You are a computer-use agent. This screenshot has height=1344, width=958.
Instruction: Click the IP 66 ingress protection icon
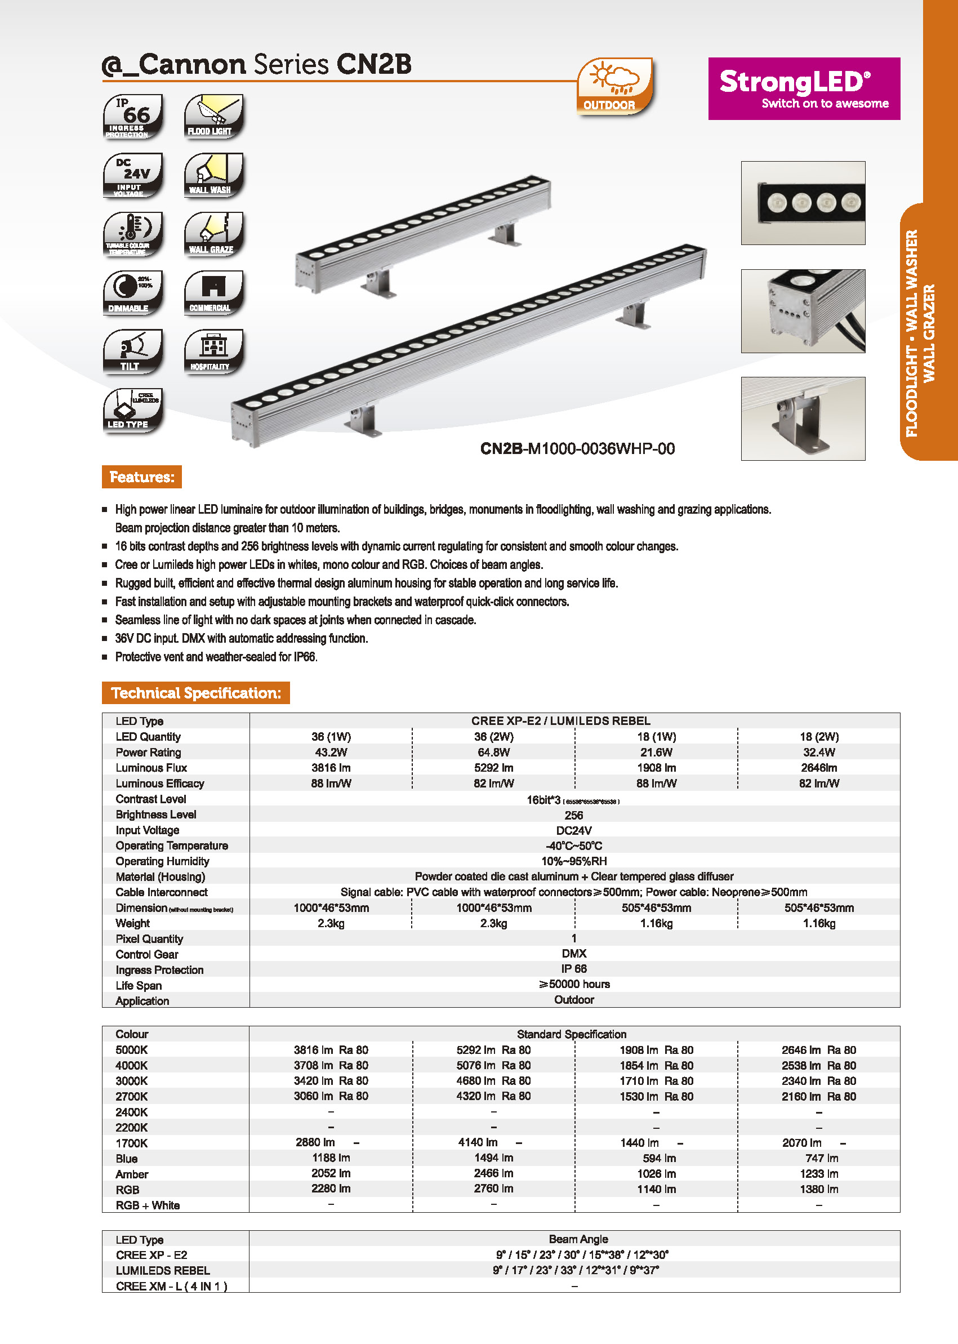point(133,116)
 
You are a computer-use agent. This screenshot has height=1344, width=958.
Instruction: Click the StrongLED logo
point(804,88)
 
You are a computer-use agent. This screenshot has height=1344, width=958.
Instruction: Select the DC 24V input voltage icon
point(133,175)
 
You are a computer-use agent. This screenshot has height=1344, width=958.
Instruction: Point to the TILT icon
point(133,351)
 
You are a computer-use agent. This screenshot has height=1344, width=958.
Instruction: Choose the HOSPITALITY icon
point(213,351)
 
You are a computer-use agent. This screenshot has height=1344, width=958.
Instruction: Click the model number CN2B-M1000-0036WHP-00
point(577,449)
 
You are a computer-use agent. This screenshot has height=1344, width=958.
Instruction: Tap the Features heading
point(141,477)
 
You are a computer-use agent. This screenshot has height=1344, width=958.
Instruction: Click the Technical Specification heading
point(196,693)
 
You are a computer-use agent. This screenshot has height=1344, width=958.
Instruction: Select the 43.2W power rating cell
point(331,752)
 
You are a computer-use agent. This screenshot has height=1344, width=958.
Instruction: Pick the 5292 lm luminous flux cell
point(494,768)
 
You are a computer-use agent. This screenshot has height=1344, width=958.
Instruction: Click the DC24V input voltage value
point(573,830)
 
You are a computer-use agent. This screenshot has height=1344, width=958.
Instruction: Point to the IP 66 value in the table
point(573,969)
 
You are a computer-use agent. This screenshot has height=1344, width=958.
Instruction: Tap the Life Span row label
point(139,985)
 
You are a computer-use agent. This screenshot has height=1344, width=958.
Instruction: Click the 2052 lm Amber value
point(331,1173)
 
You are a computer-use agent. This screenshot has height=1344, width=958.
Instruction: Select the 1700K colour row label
point(132,1143)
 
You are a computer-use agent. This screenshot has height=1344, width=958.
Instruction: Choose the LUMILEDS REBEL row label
point(163,1270)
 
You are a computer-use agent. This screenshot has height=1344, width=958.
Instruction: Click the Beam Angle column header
point(578,1239)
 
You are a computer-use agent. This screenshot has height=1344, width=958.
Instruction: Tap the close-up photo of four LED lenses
point(803,203)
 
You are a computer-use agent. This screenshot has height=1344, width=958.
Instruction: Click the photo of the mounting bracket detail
point(803,419)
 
